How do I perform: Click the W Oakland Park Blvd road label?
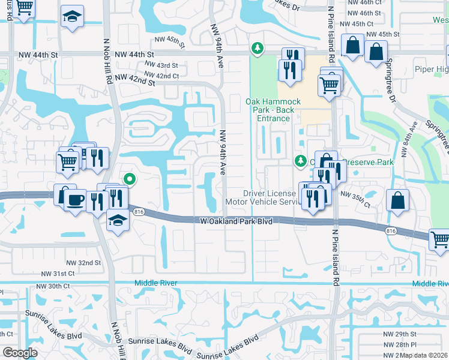point(236,221)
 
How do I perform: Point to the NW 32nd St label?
point(83,263)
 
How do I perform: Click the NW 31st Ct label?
point(58,273)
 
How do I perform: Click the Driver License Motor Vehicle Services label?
point(270,197)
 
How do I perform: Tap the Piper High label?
point(431,69)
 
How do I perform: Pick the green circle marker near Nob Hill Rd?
point(128,178)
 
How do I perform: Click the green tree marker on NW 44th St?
point(258,47)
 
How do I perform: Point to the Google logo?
point(20,353)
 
